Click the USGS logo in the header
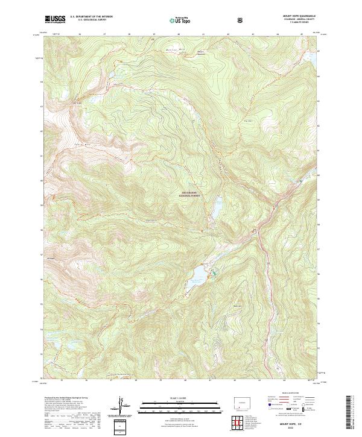[55, 19]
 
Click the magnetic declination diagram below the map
[121, 408]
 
